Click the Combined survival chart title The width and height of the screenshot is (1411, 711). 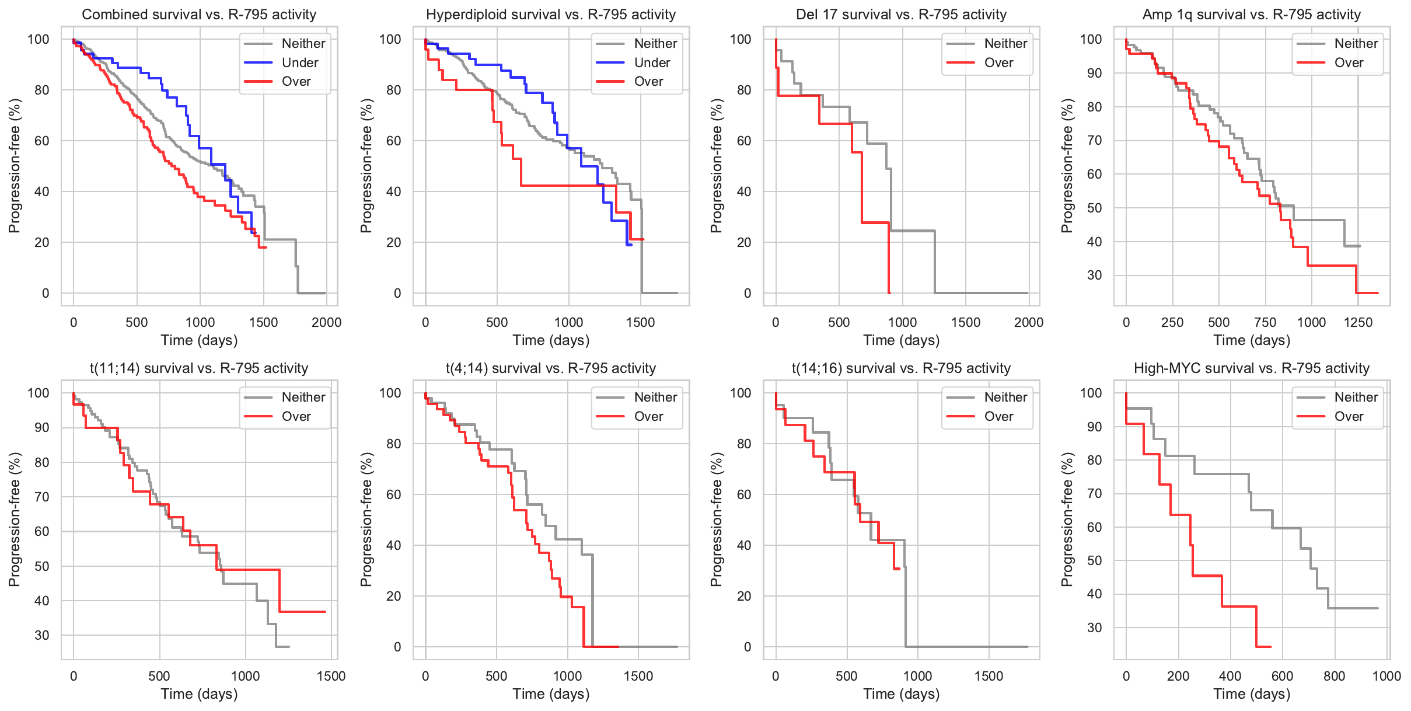[199, 15]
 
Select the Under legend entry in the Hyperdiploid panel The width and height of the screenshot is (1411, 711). [652, 62]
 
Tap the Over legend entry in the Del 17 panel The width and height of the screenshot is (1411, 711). [998, 62]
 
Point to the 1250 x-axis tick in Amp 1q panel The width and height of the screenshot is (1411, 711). [1358, 322]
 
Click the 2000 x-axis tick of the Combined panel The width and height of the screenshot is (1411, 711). [326, 322]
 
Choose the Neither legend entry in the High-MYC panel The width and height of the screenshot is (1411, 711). [1356, 398]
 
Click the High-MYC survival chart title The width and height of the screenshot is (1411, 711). [1251, 368]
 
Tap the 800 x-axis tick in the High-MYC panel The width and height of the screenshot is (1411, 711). [1334, 676]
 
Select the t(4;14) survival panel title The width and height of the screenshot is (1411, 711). [550, 368]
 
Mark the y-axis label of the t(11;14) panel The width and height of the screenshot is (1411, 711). [15, 519]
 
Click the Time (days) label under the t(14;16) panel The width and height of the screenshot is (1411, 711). [901, 694]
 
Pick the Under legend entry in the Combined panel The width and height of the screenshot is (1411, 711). [300, 62]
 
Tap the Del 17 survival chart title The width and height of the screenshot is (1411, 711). [901, 15]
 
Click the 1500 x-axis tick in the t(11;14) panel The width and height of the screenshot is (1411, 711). [331, 676]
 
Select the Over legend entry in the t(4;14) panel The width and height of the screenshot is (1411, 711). [648, 417]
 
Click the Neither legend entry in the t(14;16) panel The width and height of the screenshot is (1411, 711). [1005, 398]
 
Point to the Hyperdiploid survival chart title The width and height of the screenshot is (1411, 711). [550, 15]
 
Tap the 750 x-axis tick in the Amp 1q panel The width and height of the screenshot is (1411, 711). [1265, 322]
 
